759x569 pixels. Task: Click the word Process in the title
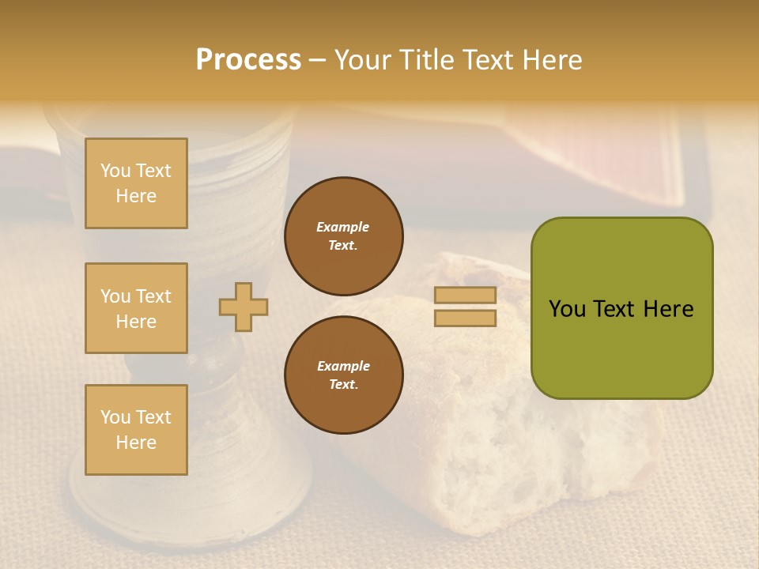click(x=248, y=60)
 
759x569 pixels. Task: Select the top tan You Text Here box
click(x=136, y=183)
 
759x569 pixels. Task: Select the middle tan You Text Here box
click(x=136, y=308)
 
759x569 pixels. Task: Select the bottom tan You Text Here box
click(x=136, y=430)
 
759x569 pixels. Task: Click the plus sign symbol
click(x=244, y=307)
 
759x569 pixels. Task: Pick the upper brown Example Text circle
click(x=344, y=236)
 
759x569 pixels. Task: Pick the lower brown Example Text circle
click(x=344, y=375)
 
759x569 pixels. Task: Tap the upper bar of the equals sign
click(x=466, y=295)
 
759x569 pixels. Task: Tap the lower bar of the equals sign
click(x=466, y=318)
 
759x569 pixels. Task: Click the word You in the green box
click(x=566, y=309)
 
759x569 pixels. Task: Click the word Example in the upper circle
click(x=343, y=227)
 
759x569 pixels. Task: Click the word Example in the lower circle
click(x=343, y=366)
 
